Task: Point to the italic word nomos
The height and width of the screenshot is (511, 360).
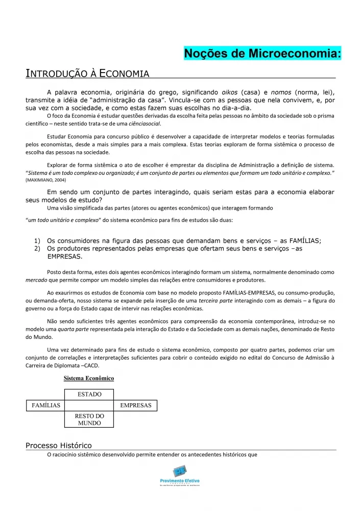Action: (x=280, y=92)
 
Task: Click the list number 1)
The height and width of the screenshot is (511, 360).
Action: (x=37, y=241)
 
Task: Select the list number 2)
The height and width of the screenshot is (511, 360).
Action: (x=37, y=248)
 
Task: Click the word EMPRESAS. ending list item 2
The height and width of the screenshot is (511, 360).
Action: (x=64, y=257)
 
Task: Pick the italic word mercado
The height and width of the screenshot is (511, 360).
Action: (x=36, y=280)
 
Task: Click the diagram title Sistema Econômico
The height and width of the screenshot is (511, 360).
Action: (x=88, y=379)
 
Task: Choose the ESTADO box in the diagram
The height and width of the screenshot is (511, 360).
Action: (x=89, y=394)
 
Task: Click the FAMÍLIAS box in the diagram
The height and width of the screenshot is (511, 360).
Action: (x=46, y=405)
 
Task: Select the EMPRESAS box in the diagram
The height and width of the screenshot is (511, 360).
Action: (x=135, y=405)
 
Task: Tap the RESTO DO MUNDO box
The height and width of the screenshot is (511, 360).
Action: (x=89, y=420)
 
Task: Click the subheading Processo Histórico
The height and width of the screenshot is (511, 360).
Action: (x=58, y=445)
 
